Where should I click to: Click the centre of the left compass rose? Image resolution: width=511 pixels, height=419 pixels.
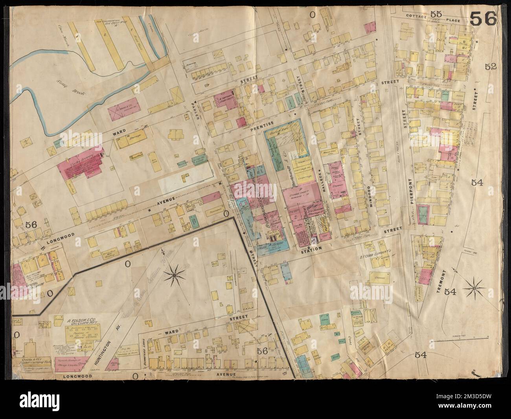point(174,277)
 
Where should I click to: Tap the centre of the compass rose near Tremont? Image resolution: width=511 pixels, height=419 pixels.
point(474,289)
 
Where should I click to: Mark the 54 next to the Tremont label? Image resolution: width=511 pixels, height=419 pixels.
point(450,291)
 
